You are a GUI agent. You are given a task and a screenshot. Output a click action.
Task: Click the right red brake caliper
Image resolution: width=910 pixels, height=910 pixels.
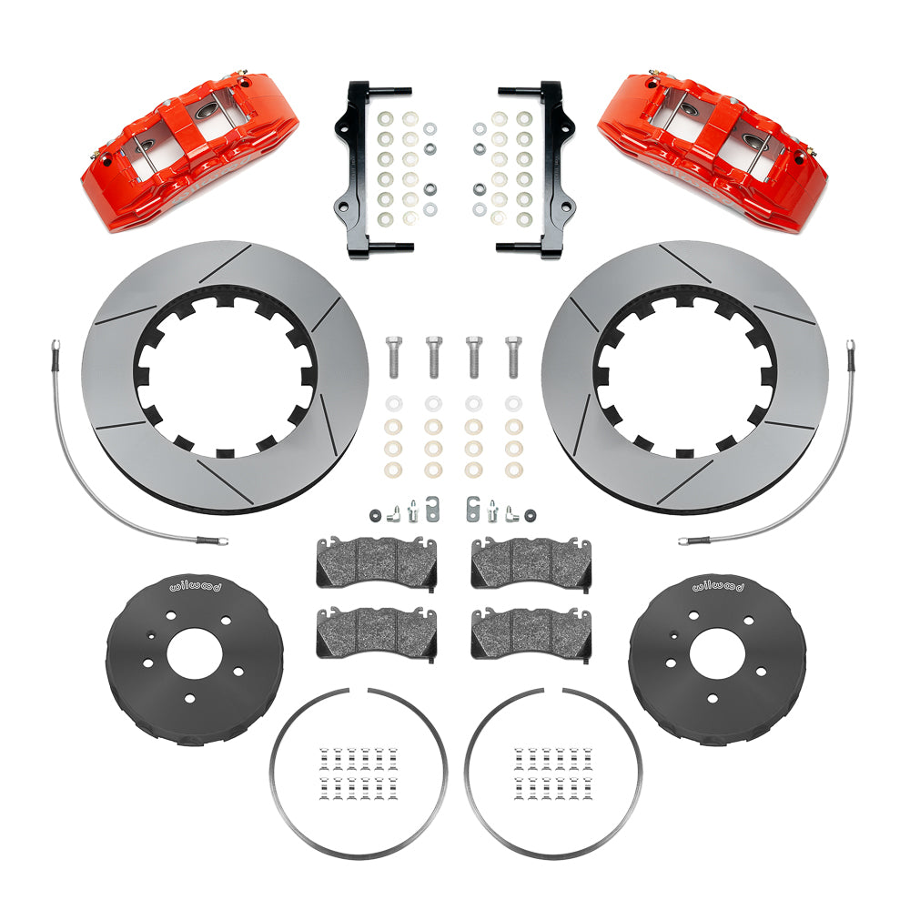(712, 152)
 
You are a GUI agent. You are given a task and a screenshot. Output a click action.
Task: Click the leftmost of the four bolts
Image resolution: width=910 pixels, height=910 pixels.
(393, 357)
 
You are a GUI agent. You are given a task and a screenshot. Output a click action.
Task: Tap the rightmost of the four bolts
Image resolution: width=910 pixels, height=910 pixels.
(513, 357)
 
